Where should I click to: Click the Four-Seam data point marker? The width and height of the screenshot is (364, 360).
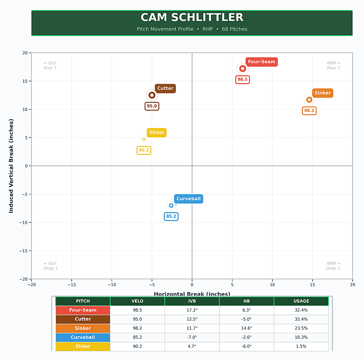point(243,69)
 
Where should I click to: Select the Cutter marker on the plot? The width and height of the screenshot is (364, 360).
point(152,95)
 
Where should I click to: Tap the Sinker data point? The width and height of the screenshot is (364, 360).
point(309,100)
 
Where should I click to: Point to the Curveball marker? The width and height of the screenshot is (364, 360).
point(171,205)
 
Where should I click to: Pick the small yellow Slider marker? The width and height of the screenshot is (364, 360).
point(144,139)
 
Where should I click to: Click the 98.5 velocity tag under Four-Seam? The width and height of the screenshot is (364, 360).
point(243,79)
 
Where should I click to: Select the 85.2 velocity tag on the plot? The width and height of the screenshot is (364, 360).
point(171,217)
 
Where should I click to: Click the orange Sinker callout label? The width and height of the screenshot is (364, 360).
point(322,93)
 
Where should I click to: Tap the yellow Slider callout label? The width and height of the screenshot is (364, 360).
point(157,132)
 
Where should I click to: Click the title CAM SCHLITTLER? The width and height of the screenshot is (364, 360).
point(192,17)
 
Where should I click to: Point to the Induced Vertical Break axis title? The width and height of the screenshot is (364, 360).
point(11,166)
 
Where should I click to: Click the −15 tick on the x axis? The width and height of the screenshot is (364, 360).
point(71,285)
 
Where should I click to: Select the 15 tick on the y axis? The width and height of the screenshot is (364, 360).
point(25,81)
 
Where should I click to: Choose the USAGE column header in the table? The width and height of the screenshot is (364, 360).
point(301,301)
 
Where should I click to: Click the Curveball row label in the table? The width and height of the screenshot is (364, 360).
point(83,337)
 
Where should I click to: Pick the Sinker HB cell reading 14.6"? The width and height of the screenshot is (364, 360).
point(246,328)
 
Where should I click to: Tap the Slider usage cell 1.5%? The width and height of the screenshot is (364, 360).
point(301,346)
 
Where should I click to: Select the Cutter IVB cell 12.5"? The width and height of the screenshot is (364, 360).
point(192,319)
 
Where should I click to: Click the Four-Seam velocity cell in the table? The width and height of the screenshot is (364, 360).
point(137,310)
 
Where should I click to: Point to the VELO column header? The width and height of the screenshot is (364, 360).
point(137,301)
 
